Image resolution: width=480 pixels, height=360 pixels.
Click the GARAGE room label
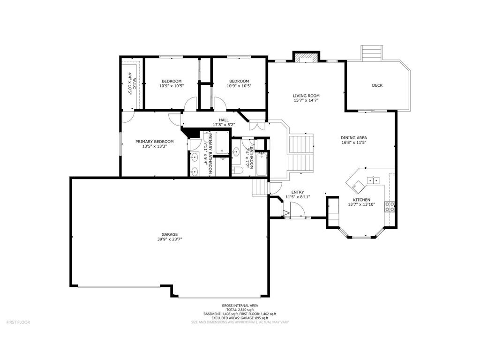tap(170, 234)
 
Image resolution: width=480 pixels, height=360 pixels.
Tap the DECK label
tap(377, 85)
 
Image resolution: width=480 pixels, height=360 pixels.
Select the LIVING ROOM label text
tap(306, 96)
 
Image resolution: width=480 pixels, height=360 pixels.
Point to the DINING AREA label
tap(353, 138)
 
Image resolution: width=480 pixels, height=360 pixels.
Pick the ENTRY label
tap(298, 192)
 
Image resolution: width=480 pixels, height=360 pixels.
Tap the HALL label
tap(224, 120)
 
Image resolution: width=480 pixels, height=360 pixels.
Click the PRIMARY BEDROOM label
tap(154, 142)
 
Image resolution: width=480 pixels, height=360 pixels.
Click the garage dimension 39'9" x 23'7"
tap(170, 240)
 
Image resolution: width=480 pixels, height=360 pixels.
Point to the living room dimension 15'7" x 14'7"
tap(306, 100)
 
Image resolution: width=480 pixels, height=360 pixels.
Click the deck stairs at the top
tap(371, 53)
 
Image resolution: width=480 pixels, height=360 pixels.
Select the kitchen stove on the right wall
tap(390, 207)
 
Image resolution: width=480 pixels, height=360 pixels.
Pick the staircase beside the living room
tap(300, 152)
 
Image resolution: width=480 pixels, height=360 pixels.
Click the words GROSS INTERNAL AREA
tap(240, 306)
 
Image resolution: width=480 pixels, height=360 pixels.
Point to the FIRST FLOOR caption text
tap(18, 322)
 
